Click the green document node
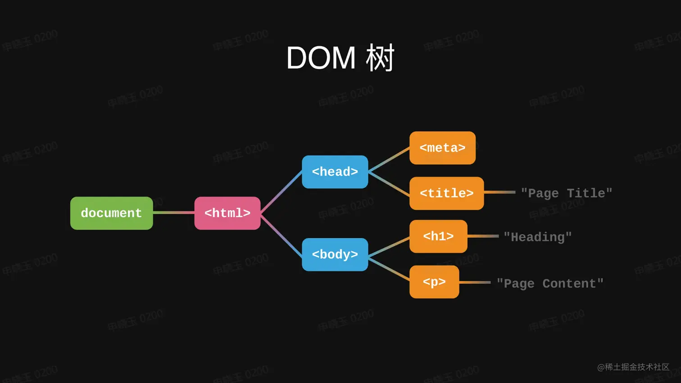click(111, 213)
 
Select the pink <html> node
click(227, 213)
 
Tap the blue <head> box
click(335, 172)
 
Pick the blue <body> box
click(335, 255)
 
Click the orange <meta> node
click(442, 148)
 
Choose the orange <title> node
click(446, 193)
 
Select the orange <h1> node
click(438, 237)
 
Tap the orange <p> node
click(434, 282)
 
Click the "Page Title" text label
click(566, 193)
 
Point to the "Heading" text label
click(537, 237)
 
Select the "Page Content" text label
click(549, 283)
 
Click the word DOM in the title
click(321, 58)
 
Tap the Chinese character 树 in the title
click(380, 58)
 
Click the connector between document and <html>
click(173, 213)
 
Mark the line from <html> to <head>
click(281, 192)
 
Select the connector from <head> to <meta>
click(389, 160)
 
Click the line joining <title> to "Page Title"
click(499, 192)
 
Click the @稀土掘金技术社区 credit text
click(633, 367)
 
